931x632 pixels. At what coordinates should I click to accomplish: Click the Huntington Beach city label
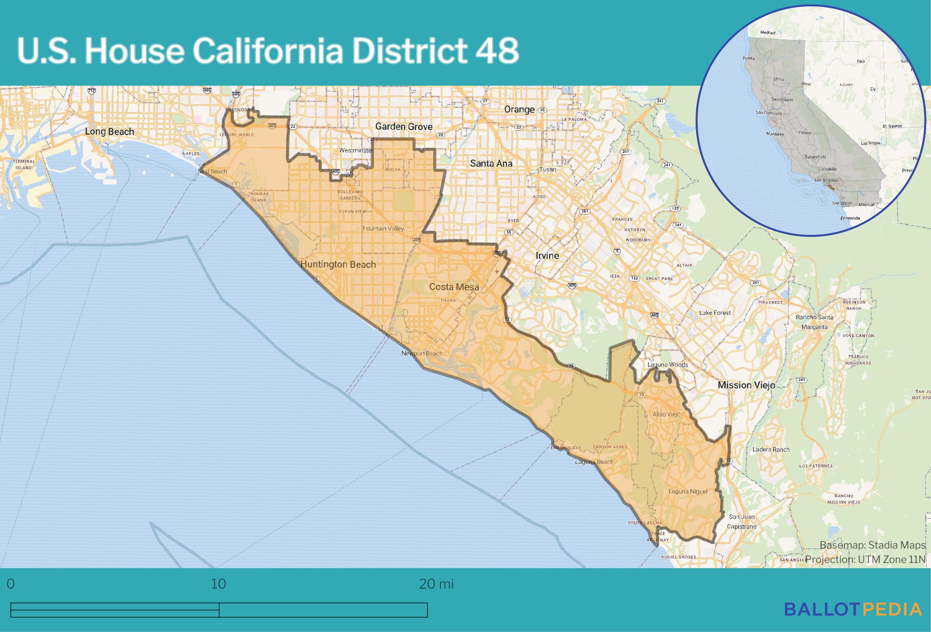click(338, 264)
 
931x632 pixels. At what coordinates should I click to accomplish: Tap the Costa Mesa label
click(454, 287)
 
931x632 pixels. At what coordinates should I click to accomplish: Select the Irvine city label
click(547, 256)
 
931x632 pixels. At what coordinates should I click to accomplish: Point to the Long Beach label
click(109, 131)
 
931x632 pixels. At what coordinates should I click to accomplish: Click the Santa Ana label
click(491, 163)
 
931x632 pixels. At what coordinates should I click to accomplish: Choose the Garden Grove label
click(404, 127)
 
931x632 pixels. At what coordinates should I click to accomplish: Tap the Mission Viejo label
click(746, 385)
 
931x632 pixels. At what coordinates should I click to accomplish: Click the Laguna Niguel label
click(688, 491)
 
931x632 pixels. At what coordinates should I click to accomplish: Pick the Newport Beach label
click(421, 353)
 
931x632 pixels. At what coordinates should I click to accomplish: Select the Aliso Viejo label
click(666, 414)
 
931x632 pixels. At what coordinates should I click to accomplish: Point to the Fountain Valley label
click(383, 228)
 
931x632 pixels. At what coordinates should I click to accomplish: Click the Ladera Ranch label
click(771, 449)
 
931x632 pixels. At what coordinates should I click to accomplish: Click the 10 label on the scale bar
click(218, 584)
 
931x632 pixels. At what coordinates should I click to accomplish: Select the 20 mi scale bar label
click(436, 584)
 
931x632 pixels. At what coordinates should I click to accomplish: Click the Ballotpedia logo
click(853, 609)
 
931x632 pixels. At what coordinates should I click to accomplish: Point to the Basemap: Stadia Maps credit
click(872, 545)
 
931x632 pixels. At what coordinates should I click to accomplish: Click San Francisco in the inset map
click(768, 113)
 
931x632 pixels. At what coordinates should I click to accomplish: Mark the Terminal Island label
click(24, 164)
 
